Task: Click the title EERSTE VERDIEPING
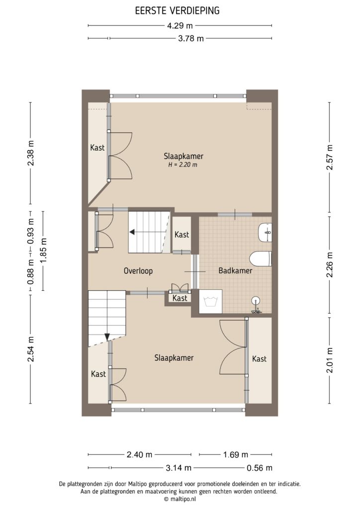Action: [180, 10]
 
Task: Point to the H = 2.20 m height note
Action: [182, 165]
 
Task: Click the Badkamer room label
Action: [235, 271]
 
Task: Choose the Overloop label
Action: [138, 271]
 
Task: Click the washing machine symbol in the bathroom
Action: [209, 302]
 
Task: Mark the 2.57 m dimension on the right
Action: [329, 158]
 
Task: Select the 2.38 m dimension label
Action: [31, 158]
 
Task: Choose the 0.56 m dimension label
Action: [260, 468]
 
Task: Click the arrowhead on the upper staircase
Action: [133, 231]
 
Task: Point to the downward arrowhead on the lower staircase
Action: [107, 337]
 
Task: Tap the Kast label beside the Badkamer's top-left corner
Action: [182, 235]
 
